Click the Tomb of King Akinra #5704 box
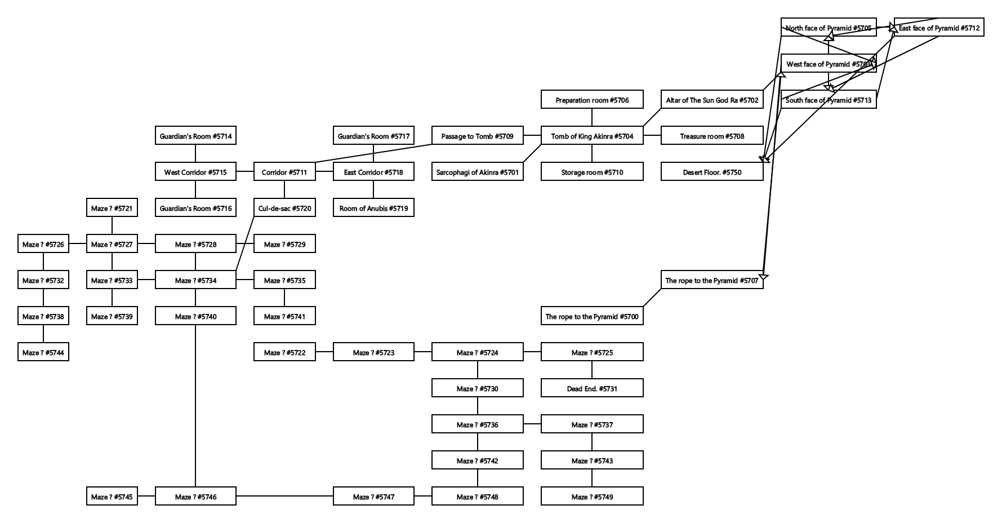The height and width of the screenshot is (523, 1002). (x=592, y=136)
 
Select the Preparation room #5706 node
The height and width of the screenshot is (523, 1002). (x=592, y=100)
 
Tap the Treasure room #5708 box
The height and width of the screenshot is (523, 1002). (x=712, y=136)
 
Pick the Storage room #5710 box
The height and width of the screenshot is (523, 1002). (x=592, y=172)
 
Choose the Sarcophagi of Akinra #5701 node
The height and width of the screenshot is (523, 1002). (x=477, y=172)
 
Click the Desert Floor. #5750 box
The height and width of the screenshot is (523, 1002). (x=712, y=172)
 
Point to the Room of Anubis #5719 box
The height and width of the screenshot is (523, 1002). (x=373, y=208)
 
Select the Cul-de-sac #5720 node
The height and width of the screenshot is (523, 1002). (x=284, y=208)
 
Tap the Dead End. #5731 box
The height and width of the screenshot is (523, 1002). (x=592, y=388)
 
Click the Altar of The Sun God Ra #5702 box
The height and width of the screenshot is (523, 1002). (x=712, y=100)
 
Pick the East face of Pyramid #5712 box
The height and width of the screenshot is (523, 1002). (x=939, y=28)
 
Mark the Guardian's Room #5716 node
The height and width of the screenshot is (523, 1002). (x=195, y=208)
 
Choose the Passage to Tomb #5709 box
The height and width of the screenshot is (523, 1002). (x=477, y=136)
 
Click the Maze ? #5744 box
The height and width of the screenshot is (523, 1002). (x=43, y=352)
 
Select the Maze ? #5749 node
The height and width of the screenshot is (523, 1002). (x=592, y=497)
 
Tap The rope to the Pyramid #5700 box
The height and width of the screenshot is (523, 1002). (x=592, y=316)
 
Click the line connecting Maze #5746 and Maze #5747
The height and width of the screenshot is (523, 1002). (x=284, y=496)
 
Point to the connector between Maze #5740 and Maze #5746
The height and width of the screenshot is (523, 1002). (x=195, y=406)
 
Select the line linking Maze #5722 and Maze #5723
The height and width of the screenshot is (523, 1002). (x=324, y=352)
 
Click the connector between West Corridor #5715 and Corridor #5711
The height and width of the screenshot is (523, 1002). (x=245, y=172)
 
